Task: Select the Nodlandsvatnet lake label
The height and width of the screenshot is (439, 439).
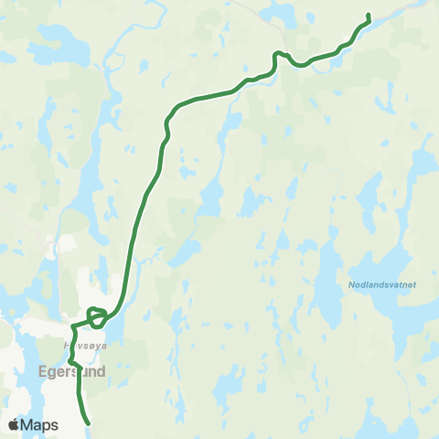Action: tap(382, 284)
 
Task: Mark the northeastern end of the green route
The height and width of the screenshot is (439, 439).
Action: tap(368, 15)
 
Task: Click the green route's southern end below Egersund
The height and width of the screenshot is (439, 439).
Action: tap(88, 423)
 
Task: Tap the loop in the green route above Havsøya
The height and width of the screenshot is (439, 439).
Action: tap(97, 316)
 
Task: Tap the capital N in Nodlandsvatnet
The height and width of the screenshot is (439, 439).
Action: tap(352, 284)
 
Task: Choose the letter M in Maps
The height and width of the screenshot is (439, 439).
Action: tap(27, 425)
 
